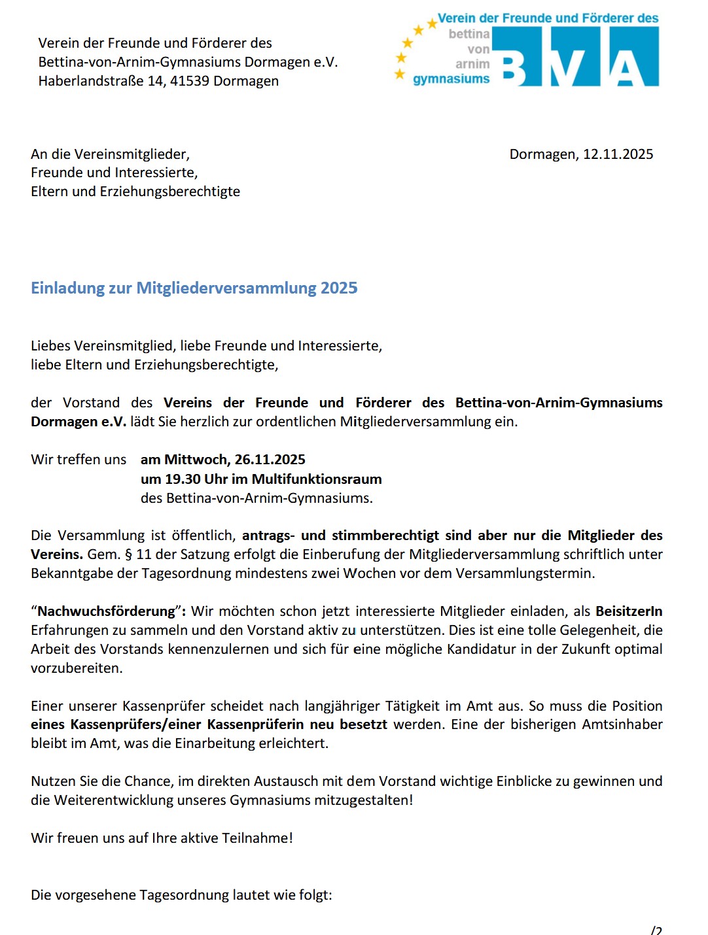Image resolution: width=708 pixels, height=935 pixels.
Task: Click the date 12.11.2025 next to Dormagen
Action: pos(618,154)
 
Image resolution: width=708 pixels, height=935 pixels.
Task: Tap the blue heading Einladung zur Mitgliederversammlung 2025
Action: pos(194,288)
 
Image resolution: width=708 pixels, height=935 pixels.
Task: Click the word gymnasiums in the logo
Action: pos(451,79)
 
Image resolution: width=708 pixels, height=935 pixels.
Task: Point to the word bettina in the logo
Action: pos(469,34)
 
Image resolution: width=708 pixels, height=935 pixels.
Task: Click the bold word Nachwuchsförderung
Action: pos(107,611)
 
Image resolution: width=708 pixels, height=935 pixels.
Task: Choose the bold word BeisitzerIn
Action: pos(628,611)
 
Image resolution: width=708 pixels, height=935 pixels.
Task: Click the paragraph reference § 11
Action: pos(136,554)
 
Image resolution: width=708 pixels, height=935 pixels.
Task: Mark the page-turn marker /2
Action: pos(656,930)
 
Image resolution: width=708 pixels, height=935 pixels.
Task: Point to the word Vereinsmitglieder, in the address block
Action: pos(132,154)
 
